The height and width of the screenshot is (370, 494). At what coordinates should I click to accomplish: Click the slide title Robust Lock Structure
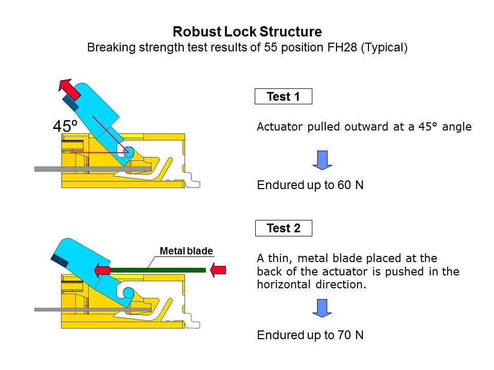click(x=247, y=32)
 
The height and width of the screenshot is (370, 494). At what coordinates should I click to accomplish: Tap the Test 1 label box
click(x=283, y=97)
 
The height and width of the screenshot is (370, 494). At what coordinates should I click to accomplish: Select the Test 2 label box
click(x=283, y=228)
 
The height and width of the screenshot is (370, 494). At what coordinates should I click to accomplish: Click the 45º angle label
click(x=65, y=126)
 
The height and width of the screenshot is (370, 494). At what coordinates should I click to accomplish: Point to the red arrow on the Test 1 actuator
click(x=68, y=90)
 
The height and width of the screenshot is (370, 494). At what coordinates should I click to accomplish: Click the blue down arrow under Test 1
click(x=323, y=160)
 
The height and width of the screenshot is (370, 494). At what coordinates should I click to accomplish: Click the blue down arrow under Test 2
click(x=323, y=308)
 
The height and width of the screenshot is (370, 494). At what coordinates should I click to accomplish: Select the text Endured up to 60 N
click(x=310, y=186)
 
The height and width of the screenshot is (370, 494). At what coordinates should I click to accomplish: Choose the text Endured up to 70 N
click(x=310, y=336)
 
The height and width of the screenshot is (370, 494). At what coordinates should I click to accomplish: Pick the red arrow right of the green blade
click(x=219, y=270)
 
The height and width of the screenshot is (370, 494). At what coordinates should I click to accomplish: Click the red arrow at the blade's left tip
click(x=102, y=270)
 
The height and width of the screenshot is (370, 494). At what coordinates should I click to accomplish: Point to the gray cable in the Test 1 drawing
click(x=51, y=169)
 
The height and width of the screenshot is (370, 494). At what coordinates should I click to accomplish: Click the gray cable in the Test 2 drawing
click(x=51, y=309)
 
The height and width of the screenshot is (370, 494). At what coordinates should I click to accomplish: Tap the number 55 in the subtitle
click(x=270, y=48)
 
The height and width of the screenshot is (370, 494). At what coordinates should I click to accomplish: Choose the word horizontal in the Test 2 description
click(x=283, y=285)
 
